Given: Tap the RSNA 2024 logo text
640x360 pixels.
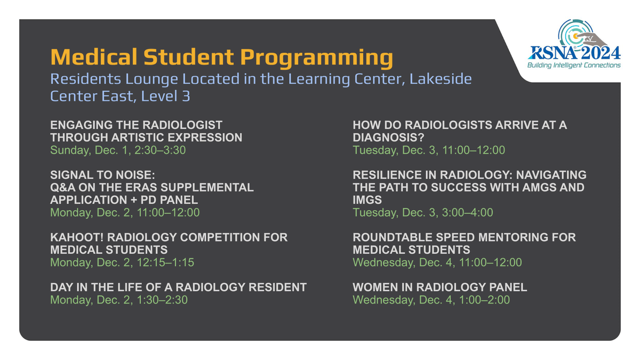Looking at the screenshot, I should tap(574, 53).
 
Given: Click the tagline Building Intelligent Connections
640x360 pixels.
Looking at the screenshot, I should tap(574, 65).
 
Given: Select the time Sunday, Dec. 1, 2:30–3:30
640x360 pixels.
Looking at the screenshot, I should tap(118, 150).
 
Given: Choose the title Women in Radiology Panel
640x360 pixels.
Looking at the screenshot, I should tap(439, 287).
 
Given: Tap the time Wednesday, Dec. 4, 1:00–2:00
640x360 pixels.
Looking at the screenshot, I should tap(431, 300).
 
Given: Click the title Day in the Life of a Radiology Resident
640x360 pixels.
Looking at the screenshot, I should tap(178, 287).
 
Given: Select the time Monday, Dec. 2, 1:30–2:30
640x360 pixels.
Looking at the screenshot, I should tap(119, 300).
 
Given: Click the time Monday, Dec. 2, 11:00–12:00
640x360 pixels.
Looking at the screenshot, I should tap(125, 212).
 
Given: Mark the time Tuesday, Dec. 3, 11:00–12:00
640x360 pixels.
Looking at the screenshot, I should tap(429, 150).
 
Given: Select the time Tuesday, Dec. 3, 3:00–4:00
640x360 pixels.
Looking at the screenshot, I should tap(423, 212).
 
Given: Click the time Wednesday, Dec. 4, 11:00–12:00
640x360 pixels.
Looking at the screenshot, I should tap(437, 262).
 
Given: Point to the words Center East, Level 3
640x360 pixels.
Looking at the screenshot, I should tap(120, 97).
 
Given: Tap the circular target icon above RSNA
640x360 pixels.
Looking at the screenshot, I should tap(575, 34).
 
